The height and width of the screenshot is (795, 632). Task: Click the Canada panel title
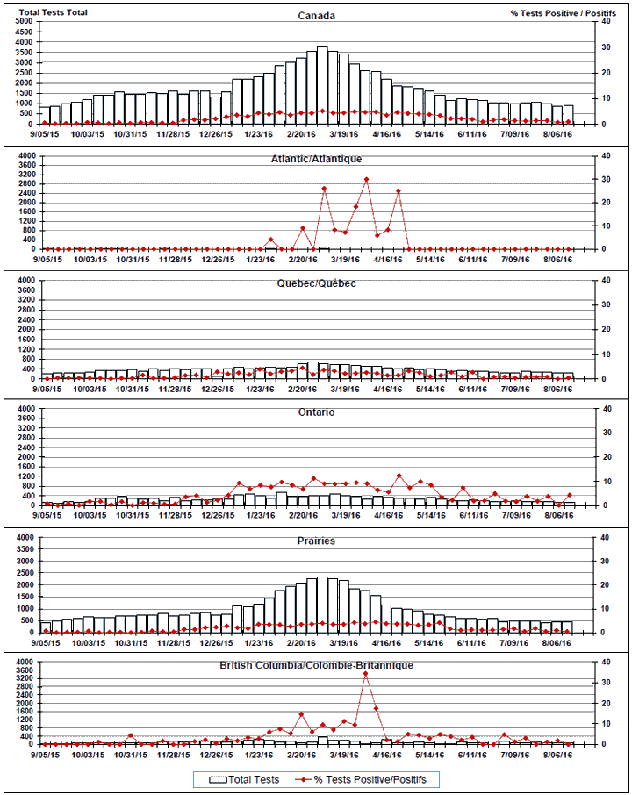(x=316, y=16)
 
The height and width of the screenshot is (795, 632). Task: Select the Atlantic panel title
(x=316, y=159)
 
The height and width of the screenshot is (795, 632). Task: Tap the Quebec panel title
(x=316, y=284)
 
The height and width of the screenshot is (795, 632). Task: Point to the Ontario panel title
(x=316, y=412)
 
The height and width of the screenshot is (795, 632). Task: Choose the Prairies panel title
(x=316, y=541)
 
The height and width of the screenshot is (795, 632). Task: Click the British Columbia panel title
(x=316, y=666)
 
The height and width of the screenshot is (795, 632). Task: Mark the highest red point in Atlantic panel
(x=366, y=180)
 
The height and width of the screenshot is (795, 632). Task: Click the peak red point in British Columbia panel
(x=365, y=674)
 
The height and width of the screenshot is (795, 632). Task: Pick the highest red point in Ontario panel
(x=399, y=476)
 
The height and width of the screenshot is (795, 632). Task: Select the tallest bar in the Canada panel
(x=323, y=85)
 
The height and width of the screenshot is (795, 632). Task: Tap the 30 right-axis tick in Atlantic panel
(x=604, y=179)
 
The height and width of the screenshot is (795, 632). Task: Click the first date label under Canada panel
(x=44, y=135)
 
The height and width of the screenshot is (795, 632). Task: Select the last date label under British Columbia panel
(x=559, y=755)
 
